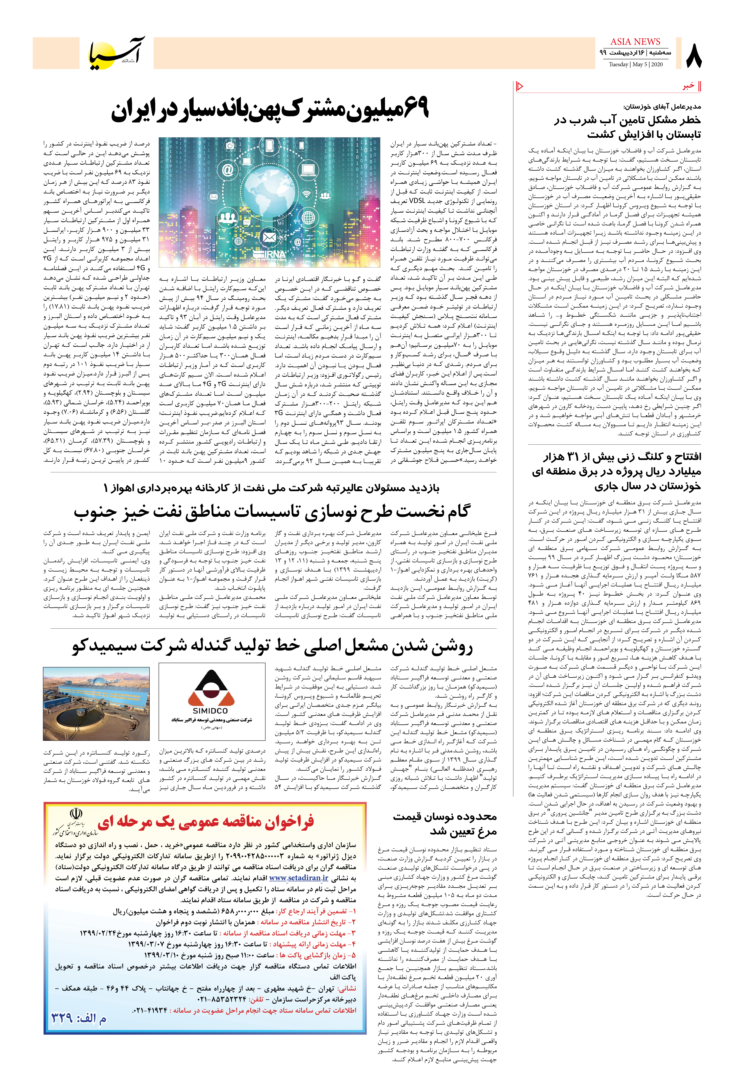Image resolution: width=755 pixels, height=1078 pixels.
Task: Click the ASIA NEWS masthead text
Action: coord(635,42)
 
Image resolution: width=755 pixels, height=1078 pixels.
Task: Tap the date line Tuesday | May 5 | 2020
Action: coord(635,64)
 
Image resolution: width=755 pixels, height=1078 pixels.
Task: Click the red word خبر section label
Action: coord(688,86)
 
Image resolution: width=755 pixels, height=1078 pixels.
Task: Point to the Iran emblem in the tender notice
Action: coord(75,813)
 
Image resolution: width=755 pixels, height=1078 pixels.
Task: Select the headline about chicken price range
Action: coord(445,824)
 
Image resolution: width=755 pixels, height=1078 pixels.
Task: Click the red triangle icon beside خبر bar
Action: coord(520,86)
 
